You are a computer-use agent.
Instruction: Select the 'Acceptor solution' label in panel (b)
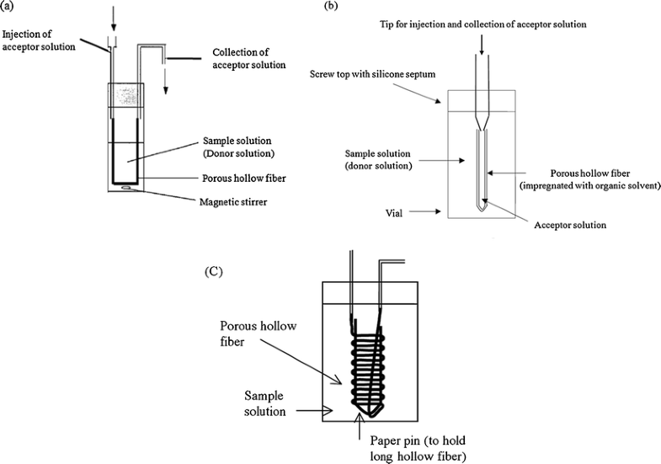click(570, 226)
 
